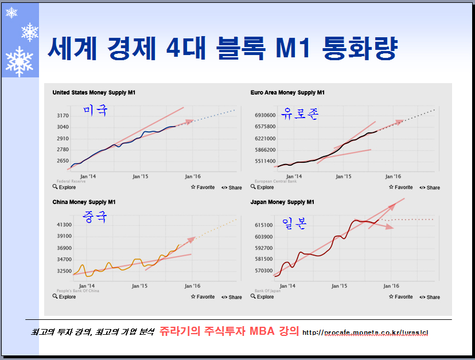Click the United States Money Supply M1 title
(x=94, y=92)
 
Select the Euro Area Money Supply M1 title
(x=287, y=92)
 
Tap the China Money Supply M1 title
(x=84, y=202)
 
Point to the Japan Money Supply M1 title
(x=282, y=202)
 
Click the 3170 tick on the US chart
(x=63, y=116)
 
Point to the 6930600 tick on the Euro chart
(x=264, y=115)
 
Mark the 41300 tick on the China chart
(x=63, y=225)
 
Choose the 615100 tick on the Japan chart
(x=263, y=225)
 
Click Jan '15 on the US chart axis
(x=140, y=177)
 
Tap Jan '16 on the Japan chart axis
(x=391, y=285)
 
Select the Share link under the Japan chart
(x=430, y=297)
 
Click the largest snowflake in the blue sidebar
(x=20, y=61)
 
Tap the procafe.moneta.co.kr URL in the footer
(x=365, y=332)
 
